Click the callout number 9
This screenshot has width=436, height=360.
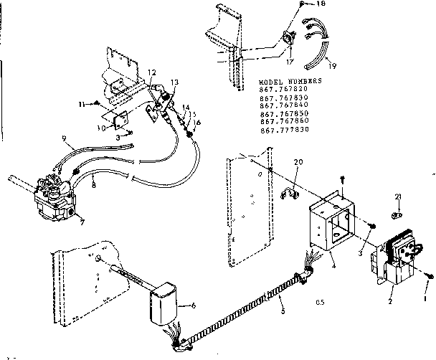click(x=63, y=138)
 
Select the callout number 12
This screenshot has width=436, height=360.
click(x=151, y=72)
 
